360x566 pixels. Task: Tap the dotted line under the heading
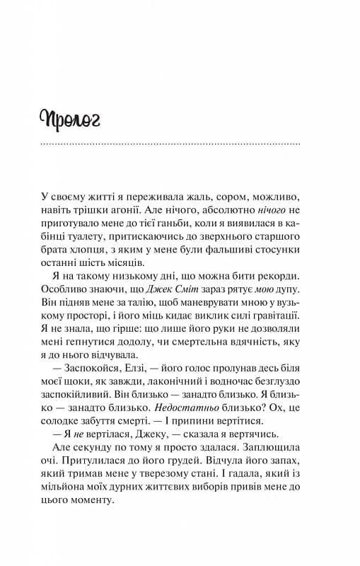click(x=170, y=144)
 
